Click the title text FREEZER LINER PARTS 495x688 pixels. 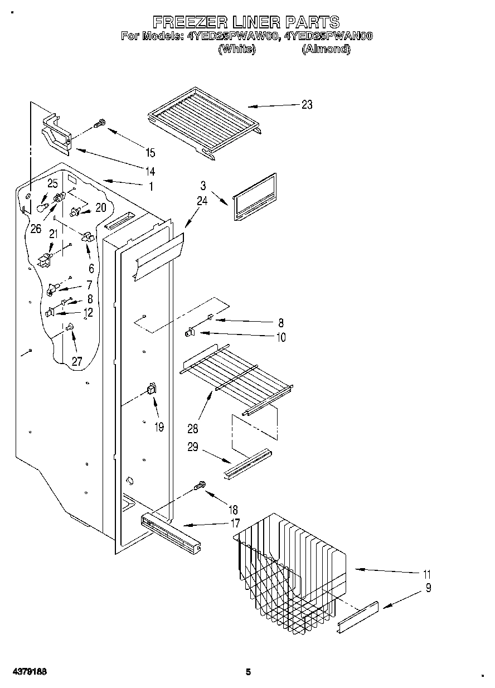246,22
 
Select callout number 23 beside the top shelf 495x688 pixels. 307,104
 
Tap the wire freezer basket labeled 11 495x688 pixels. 290,569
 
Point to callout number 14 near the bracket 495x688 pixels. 149,171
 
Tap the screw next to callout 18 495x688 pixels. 200,487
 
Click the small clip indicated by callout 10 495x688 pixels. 189,333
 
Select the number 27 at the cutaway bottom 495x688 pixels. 76,361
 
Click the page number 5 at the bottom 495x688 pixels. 248,672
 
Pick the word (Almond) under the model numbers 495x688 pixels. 326,49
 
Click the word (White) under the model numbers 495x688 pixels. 237,49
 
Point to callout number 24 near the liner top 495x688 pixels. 201,201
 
